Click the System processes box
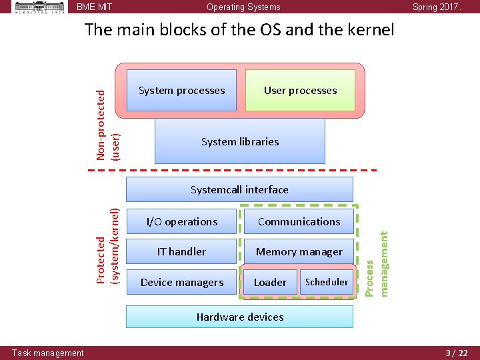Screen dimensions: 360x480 181,91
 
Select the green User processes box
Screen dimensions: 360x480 300,91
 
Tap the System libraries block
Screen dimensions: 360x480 240,141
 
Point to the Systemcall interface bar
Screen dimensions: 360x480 239,189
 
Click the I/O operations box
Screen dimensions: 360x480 182,221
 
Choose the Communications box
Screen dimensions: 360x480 299,221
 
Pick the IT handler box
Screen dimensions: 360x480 182,251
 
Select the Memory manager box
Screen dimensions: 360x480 299,251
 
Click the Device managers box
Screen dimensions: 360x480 182,282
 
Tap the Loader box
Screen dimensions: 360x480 270,282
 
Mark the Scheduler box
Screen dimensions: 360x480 327,282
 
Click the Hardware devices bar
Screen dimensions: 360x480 239,317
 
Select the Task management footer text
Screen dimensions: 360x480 48,353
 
